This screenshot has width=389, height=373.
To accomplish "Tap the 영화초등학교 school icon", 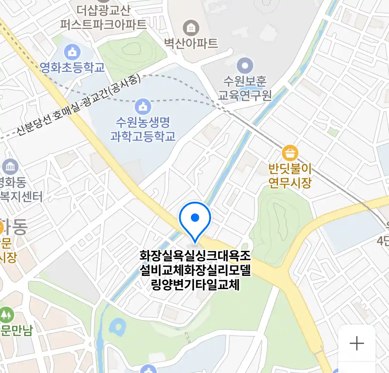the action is [72, 52].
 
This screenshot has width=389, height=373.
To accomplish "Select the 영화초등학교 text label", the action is [72, 67].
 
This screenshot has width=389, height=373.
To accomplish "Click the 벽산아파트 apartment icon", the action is [191, 28].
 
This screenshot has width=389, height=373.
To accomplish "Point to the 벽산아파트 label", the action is [191, 43].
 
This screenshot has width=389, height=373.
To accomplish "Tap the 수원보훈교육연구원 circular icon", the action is [245, 66].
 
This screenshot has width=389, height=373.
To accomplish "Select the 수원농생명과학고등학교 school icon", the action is [143, 106].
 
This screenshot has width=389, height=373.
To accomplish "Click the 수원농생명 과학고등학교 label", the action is [143, 129].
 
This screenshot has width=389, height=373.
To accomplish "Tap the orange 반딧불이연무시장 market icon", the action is [290, 153].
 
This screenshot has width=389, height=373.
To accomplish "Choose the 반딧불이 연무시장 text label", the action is [290, 175].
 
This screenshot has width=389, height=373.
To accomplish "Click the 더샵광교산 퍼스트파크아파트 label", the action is [103, 17].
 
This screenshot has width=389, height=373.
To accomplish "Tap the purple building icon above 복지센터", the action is [10, 167].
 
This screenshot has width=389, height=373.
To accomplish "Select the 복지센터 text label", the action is [21, 197].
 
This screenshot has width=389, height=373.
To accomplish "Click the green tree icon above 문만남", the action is [6, 315].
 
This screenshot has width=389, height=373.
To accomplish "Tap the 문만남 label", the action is [16, 330].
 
